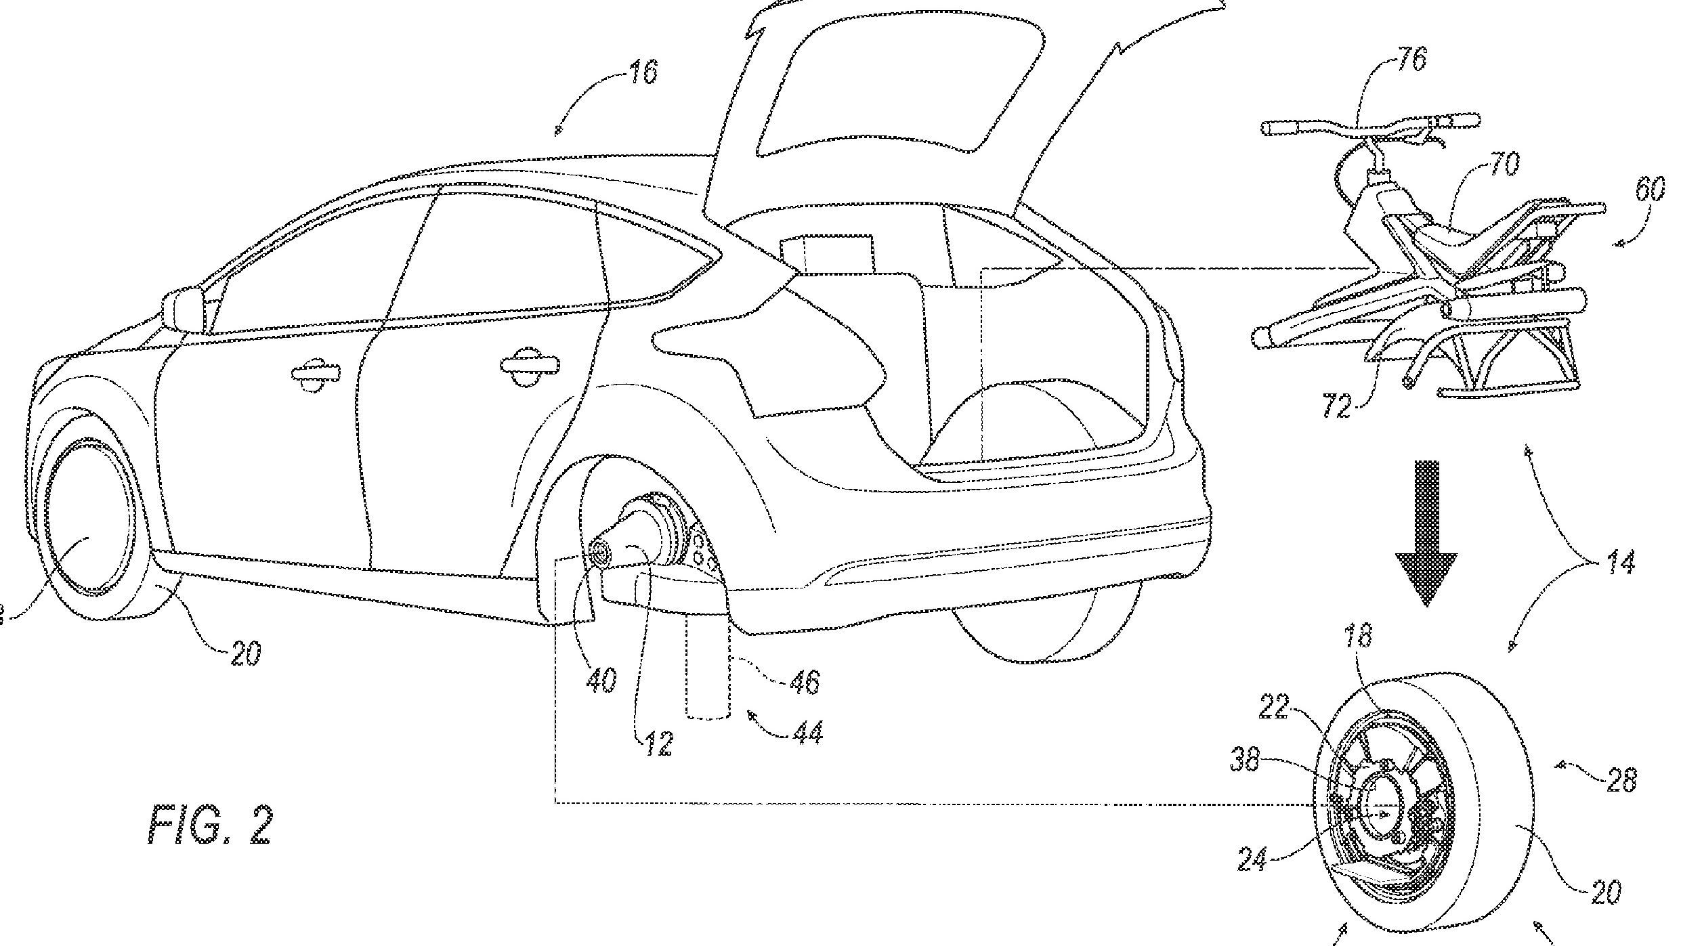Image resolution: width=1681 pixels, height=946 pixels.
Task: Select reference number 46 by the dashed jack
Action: [803, 680]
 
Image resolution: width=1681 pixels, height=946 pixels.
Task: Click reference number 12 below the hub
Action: [658, 744]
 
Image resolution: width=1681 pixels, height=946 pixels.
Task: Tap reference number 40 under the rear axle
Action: [601, 679]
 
